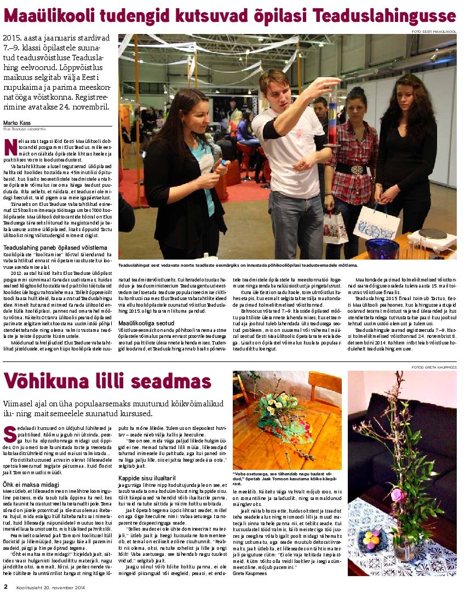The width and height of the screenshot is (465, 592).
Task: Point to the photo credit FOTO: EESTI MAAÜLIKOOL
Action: pos(434,32)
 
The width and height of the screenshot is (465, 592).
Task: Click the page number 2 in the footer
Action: pos(5,587)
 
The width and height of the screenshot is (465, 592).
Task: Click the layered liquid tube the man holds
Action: pos(332,118)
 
